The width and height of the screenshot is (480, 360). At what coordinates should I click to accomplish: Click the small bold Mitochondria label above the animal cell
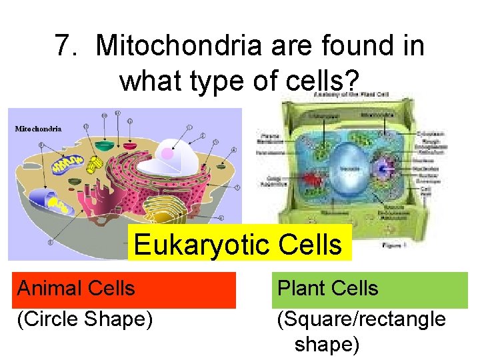(39, 129)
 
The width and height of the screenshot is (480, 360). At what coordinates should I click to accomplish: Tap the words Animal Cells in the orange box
(76, 289)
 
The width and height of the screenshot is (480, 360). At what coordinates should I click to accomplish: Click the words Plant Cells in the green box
(327, 289)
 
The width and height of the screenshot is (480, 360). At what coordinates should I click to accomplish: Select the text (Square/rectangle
(361, 319)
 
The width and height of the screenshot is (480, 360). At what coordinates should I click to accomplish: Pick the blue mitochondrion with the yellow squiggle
(65, 165)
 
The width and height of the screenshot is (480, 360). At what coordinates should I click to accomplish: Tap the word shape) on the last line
(327, 345)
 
